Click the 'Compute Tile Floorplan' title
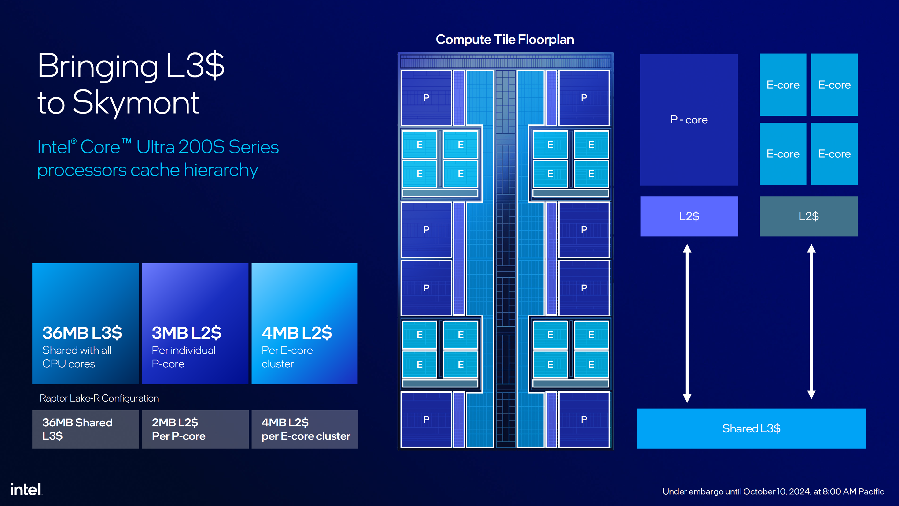(505, 39)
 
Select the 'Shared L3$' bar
(751, 428)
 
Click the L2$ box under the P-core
(689, 216)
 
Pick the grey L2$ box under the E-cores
(808, 216)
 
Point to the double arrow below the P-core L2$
(687, 323)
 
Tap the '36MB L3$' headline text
(82, 333)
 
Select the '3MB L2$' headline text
(186, 333)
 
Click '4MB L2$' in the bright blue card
(297, 333)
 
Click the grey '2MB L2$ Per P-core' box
(195, 429)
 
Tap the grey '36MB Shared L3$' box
(85, 429)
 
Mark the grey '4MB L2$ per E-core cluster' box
(305, 429)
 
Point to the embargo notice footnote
(773, 491)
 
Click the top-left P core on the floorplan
(426, 98)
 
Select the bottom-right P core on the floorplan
(584, 419)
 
